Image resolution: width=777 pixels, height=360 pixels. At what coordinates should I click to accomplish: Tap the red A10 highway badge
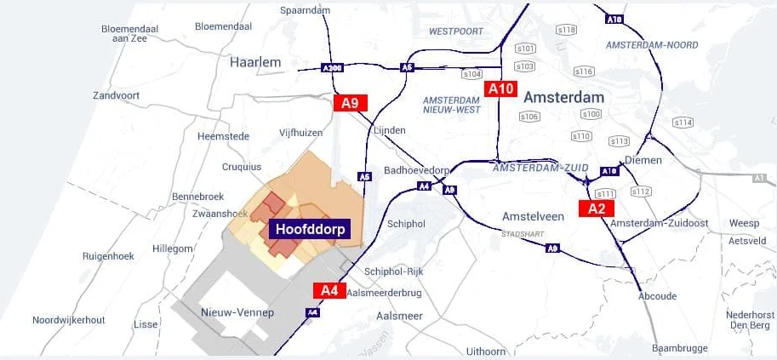click(500, 89)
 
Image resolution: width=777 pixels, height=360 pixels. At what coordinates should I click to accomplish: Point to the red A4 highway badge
click(329, 290)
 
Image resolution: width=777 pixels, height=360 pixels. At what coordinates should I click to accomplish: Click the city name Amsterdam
click(563, 97)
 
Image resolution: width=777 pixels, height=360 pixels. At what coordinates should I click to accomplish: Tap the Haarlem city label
click(255, 62)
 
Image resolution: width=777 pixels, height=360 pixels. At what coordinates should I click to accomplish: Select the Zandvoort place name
click(117, 95)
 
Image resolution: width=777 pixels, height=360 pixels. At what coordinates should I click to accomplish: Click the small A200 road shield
click(332, 68)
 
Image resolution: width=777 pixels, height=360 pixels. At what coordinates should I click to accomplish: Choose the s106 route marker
click(529, 117)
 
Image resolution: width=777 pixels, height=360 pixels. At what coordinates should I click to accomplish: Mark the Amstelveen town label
click(533, 216)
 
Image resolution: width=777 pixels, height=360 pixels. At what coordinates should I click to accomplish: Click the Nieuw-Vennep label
click(237, 313)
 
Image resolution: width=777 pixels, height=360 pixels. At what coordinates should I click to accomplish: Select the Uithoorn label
click(486, 351)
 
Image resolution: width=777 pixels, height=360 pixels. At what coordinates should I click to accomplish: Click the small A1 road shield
click(758, 178)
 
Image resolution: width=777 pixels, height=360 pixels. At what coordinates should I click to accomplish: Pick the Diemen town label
click(643, 160)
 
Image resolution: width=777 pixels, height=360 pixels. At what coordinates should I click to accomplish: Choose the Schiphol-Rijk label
click(393, 271)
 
